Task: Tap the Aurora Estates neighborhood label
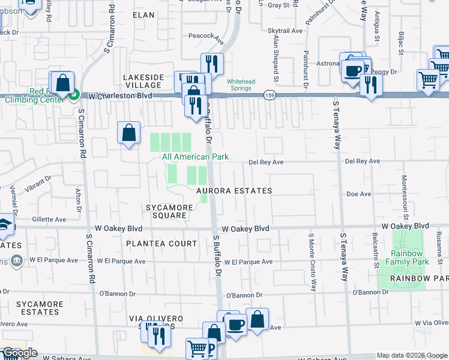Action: [235, 191]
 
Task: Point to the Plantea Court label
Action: [161, 244]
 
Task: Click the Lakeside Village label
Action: [143, 82]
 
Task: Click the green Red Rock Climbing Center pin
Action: [74, 95]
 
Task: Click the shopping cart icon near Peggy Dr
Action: [428, 79]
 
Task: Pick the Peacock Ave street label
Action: [206, 35]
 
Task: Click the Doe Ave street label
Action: [359, 194]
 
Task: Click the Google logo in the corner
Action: [19, 353]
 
